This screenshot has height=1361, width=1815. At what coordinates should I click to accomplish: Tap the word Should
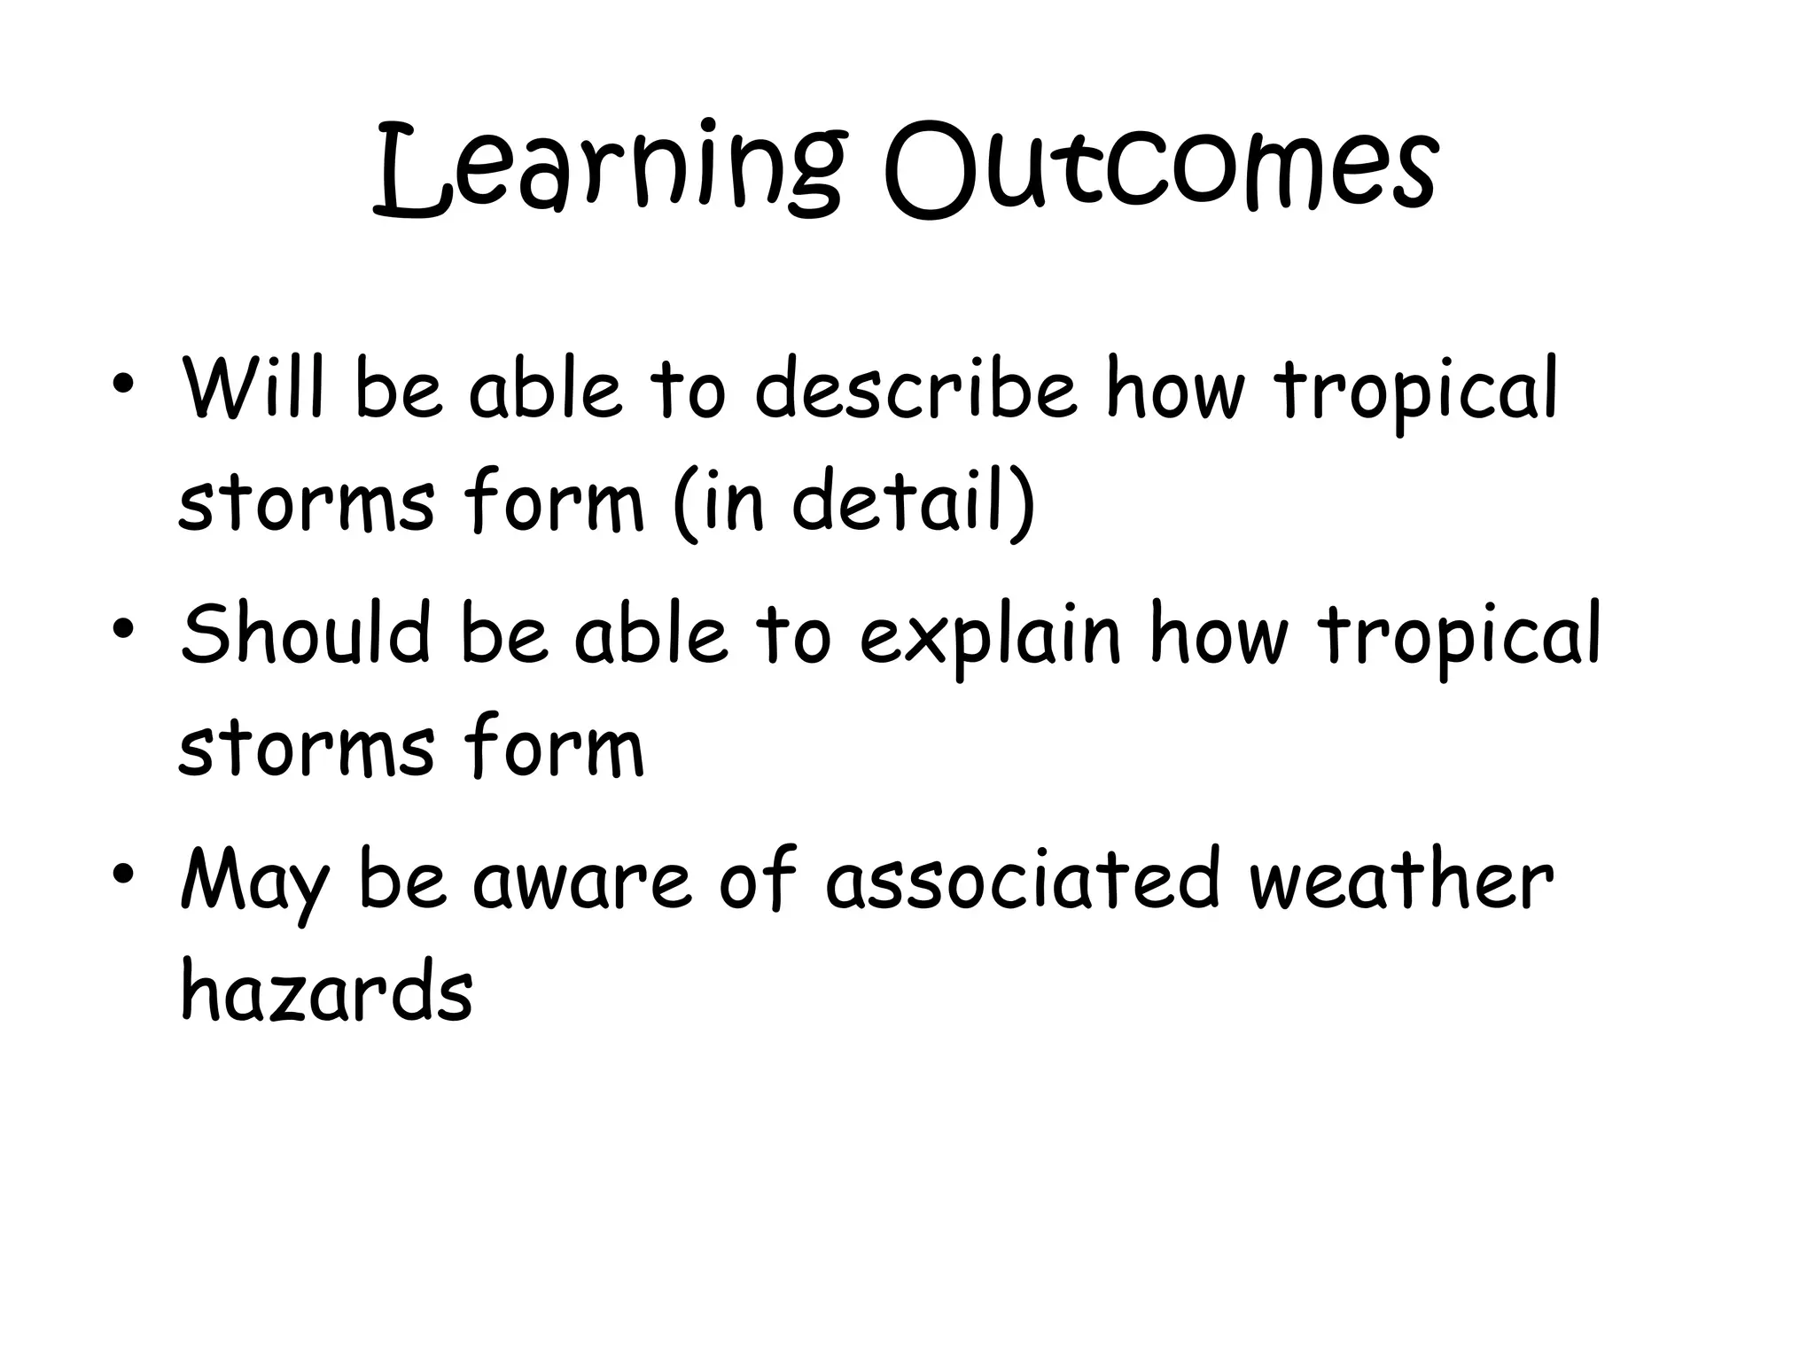click(x=306, y=633)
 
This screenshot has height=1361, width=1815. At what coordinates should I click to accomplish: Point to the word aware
click(x=581, y=882)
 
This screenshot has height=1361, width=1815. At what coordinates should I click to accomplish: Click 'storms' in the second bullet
click(x=307, y=749)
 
